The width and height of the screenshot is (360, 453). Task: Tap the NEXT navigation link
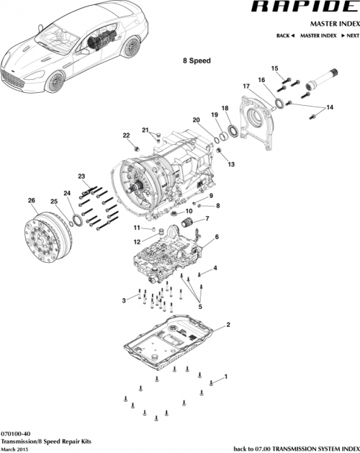pyautogui.click(x=348, y=35)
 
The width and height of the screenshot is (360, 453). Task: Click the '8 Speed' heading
pyautogui.click(x=195, y=60)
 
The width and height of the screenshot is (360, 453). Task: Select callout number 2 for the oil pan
pyautogui.click(x=228, y=326)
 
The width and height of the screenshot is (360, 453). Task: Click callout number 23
pyautogui.click(x=81, y=176)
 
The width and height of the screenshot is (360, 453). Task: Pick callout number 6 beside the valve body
pyautogui.click(x=217, y=236)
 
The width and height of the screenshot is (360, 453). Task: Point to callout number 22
pyautogui.click(x=126, y=135)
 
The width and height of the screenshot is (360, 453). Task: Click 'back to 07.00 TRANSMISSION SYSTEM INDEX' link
pyautogui.click(x=296, y=447)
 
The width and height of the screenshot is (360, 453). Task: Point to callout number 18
pyautogui.click(x=225, y=108)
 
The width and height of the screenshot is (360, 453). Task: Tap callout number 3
pyautogui.click(x=124, y=300)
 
